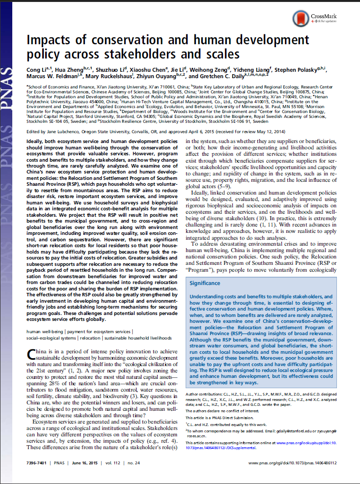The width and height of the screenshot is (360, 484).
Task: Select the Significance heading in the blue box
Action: point(205,284)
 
